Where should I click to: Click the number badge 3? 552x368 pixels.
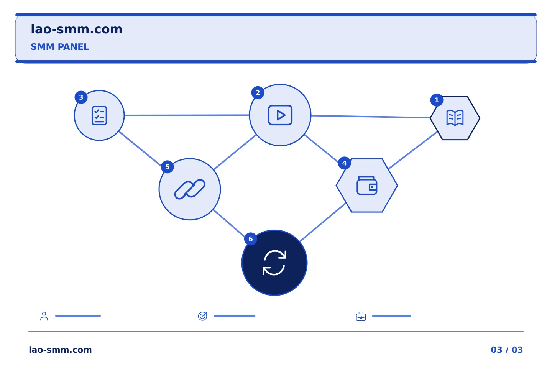(81, 97)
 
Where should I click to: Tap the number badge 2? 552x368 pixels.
(258, 93)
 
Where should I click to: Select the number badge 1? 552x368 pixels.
(437, 100)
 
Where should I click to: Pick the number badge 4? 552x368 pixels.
(344, 163)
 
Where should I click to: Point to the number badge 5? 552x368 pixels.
(167, 167)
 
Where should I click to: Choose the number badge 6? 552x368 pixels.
(251, 239)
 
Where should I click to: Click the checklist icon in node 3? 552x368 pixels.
(99, 116)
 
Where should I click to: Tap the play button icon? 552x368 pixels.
(280, 115)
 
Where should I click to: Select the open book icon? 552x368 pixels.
(455, 118)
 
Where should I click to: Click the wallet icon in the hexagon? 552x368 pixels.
(367, 186)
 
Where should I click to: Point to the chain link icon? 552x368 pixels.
(190, 189)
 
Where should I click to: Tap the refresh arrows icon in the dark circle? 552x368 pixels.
(274, 263)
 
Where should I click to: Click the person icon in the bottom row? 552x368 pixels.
(44, 316)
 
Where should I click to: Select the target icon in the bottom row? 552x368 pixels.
(202, 316)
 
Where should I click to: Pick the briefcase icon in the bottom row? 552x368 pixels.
(361, 316)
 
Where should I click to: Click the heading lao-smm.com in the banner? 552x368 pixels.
(76, 30)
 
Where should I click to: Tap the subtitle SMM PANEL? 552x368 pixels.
(60, 47)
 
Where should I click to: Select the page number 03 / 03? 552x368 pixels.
(507, 350)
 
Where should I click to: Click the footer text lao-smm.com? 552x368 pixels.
(60, 350)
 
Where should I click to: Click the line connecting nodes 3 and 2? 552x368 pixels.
(187, 115)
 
